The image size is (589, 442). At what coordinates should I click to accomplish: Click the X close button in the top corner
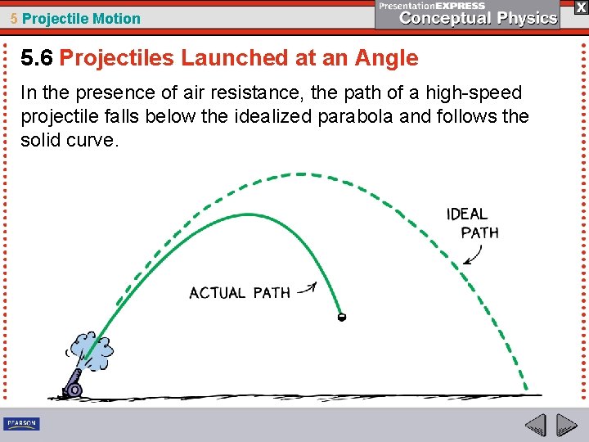pyautogui.click(x=580, y=7)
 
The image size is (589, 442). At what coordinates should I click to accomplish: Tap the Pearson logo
pyautogui.click(x=21, y=424)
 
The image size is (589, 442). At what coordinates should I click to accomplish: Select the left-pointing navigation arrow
pyautogui.click(x=536, y=425)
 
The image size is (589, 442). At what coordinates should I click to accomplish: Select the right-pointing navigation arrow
pyautogui.click(x=567, y=425)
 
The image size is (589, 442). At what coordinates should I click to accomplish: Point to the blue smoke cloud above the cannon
pyautogui.click(x=92, y=350)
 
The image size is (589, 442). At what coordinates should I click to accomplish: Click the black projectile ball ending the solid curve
pyautogui.click(x=342, y=316)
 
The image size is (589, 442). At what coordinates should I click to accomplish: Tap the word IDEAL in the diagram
pyautogui.click(x=467, y=214)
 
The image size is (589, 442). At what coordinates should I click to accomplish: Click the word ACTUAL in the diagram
pyautogui.click(x=217, y=292)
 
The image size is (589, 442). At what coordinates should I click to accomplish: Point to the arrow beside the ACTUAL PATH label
pyautogui.click(x=307, y=288)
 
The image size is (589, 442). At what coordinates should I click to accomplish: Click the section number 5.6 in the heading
pyautogui.click(x=37, y=58)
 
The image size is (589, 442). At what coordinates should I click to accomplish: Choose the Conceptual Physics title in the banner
pyautogui.click(x=479, y=18)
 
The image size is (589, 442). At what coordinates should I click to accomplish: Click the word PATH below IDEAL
pyautogui.click(x=480, y=232)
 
